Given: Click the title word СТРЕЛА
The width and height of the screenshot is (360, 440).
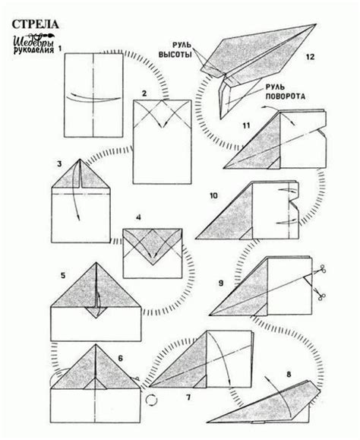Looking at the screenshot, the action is click(x=35, y=24).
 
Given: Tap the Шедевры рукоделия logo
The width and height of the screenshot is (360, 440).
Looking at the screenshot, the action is click(x=34, y=43).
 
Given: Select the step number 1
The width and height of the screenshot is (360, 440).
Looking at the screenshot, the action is click(x=60, y=49).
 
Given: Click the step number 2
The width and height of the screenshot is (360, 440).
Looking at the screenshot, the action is click(x=144, y=93).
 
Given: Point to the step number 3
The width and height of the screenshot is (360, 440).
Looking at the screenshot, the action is click(x=59, y=163).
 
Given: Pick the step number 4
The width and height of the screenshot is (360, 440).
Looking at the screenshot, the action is click(x=138, y=217).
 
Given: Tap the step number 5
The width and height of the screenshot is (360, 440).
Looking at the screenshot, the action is click(x=63, y=275).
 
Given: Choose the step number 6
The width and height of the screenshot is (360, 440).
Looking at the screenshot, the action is click(x=120, y=359).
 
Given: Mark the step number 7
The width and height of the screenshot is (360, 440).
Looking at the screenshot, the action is click(x=188, y=397).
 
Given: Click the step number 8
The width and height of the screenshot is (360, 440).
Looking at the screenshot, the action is click(x=289, y=374).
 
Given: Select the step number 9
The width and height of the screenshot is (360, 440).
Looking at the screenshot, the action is click(x=221, y=283).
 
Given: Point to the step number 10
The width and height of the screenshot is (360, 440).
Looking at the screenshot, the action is click(x=213, y=195).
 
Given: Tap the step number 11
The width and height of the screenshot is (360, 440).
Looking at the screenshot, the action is click(x=246, y=125).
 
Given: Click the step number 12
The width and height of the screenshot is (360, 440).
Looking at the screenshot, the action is click(x=310, y=57).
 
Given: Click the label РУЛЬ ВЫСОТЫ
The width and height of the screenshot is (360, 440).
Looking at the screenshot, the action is click(x=175, y=49).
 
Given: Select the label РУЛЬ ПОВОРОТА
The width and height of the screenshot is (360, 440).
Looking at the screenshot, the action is click(x=285, y=92).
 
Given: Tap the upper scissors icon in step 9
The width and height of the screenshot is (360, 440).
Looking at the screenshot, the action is click(x=322, y=269).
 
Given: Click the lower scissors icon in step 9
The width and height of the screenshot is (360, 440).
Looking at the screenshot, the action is click(x=320, y=295).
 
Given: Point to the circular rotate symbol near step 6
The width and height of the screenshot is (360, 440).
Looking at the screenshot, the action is click(x=152, y=400).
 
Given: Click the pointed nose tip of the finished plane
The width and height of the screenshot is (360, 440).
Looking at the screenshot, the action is click(x=315, y=24).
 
